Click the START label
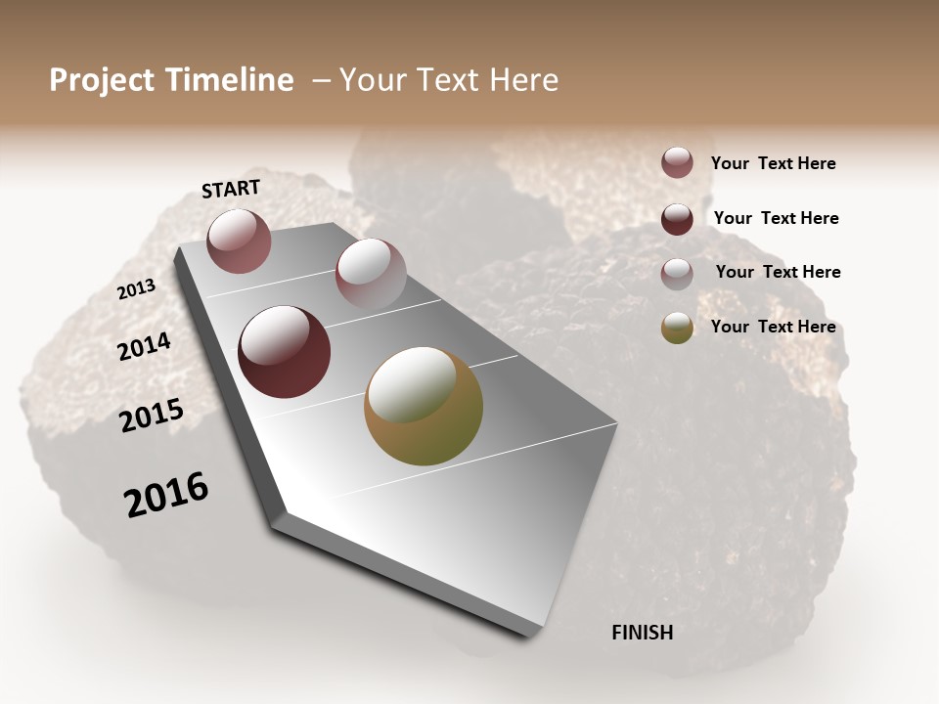[x=231, y=189]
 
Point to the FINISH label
[x=643, y=633]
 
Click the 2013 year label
[x=137, y=289]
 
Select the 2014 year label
[x=145, y=346]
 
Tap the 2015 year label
[x=152, y=416]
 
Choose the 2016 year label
[x=166, y=495]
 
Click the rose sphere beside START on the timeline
[x=239, y=241]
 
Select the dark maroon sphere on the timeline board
[x=285, y=351]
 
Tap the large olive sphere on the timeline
[x=424, y=406]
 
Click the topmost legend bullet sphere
[x=677, y=162]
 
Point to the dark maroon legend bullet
[x=677, y=218]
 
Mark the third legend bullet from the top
[x=677, y=273]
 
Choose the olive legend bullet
[x=677, y=328]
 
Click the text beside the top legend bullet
[x=773, y=163]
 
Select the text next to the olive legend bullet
[x=773, y=327]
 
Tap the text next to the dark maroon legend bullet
[x=776, y=218]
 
